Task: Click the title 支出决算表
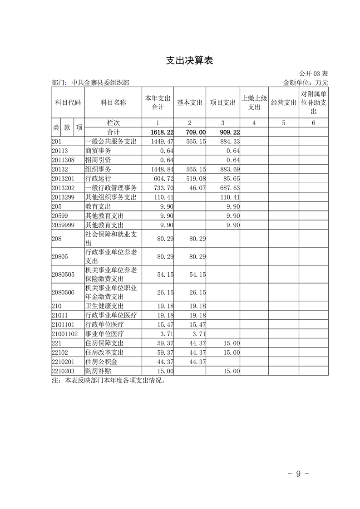(189, 60)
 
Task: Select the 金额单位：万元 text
(306, 83)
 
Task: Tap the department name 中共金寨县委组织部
(100, 83)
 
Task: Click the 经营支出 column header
(283, 103)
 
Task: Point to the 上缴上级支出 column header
(254, 103)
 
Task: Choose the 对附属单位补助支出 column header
(313, 103)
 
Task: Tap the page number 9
(299, 474)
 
